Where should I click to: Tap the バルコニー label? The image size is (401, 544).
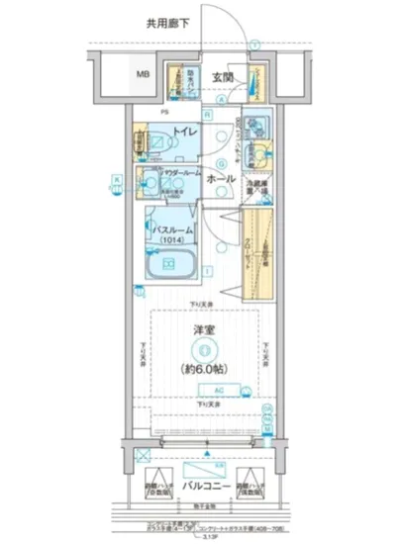(205, 487)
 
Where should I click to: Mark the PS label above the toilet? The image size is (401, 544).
(165, 113)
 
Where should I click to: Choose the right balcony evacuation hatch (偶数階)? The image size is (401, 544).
(260, 491)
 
